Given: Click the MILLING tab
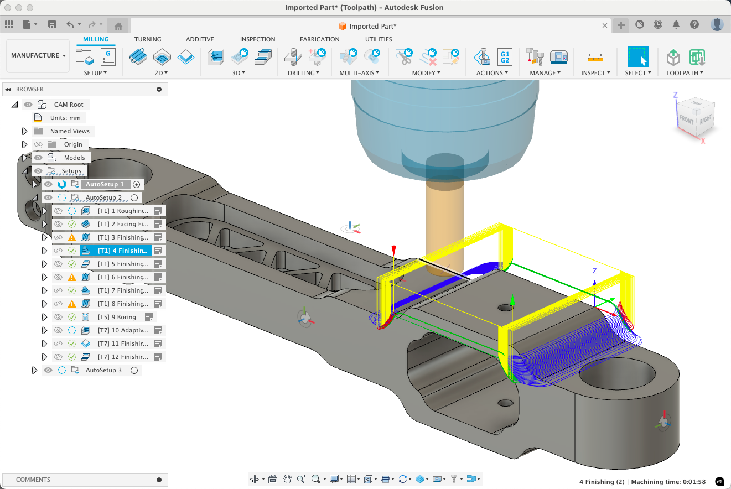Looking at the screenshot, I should coord(96,39).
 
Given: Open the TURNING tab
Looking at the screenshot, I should coord(148,39).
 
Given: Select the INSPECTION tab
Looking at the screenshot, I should coord(257,39).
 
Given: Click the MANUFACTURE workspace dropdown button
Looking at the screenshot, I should coord(38,55).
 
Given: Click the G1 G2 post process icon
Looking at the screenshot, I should coord(504,56).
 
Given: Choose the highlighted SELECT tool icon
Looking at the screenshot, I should coord(637,57).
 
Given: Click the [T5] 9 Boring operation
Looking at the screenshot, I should coord(117,317).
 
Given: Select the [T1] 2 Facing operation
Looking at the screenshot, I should coord(123,224).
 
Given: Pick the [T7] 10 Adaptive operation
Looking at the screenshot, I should coord(123,330).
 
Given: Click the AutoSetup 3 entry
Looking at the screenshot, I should coord(103,370).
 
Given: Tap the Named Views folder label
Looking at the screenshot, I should coord(70,131).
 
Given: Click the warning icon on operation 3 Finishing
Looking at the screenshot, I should coord(72,237).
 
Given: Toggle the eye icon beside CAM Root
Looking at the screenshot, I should coord(28,105).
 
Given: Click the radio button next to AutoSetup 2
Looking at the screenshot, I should coord(134,197).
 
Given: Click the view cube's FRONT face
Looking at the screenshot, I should coord(687,120).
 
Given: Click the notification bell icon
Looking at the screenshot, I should coord(676,25).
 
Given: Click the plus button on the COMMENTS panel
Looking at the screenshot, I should coord(159,480).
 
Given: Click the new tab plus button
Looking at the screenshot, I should coord(621,25).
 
